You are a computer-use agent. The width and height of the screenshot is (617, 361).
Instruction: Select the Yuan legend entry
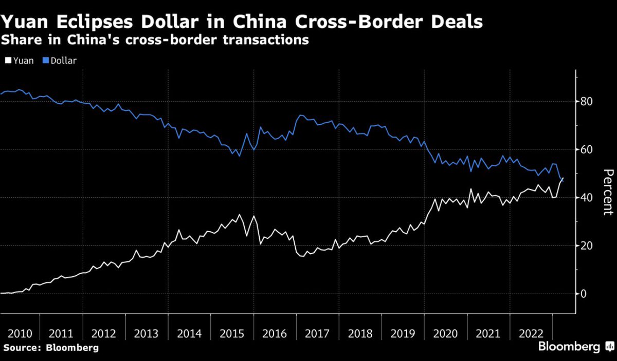pos(20,61)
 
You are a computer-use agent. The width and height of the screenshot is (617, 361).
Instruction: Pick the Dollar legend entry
pos(60,61)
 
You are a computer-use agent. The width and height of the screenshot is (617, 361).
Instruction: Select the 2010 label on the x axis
pos(19,333)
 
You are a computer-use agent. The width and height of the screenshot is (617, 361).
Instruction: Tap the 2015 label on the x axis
pos(232,333)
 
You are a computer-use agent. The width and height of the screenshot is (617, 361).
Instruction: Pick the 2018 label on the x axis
pos(360,333)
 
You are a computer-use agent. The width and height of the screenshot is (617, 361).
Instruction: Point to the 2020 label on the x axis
pos(446,333)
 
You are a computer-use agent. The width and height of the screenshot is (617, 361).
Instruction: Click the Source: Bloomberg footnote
pos(50,348)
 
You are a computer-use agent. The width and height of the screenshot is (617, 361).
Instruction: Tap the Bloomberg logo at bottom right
pos(575,347)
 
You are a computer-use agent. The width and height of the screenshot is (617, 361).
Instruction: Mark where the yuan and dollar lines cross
pos(562,179)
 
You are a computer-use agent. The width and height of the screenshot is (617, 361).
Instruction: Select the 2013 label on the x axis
pos(147,333)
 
